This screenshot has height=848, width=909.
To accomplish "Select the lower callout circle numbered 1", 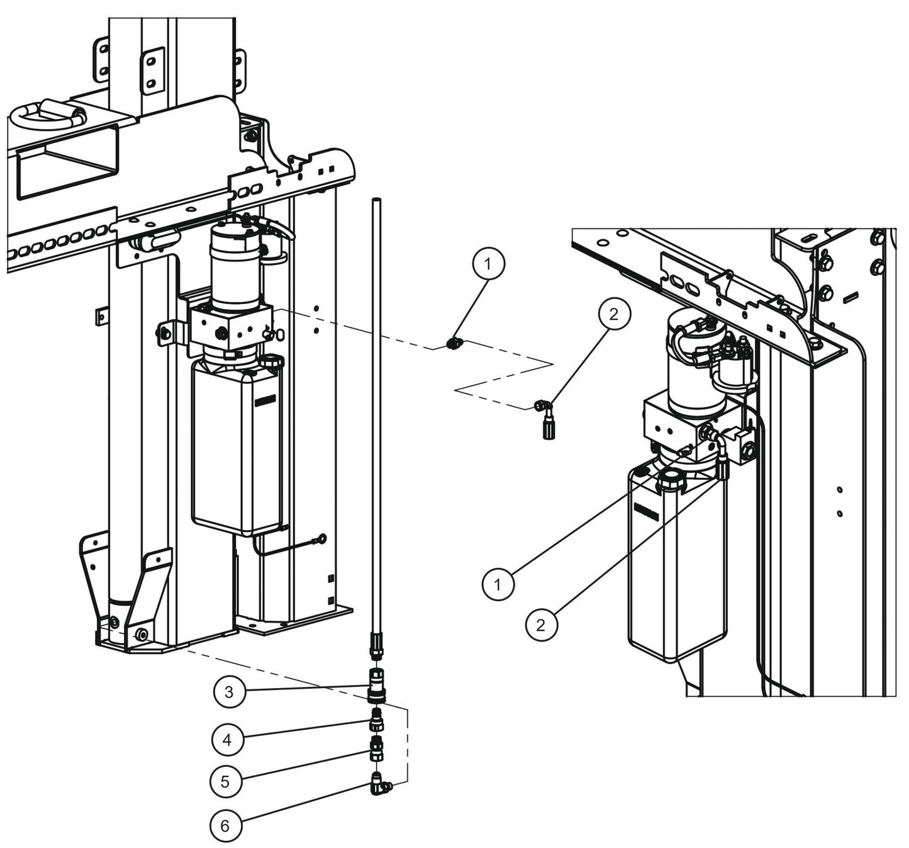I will point(498,585).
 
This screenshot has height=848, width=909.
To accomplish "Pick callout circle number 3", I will point(229,692).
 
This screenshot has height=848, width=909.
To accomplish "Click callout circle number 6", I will point(225,825).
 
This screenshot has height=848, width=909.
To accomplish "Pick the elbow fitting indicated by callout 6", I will point(379,784).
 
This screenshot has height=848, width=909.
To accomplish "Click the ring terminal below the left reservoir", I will point(321,538).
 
